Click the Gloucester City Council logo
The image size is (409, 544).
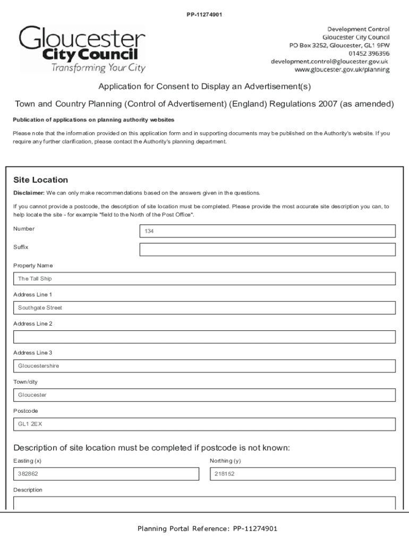coord(82,49)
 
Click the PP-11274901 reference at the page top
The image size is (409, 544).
coord(204,14)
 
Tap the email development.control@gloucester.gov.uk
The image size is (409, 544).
coord(330,62)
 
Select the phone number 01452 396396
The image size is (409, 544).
coord(369,54)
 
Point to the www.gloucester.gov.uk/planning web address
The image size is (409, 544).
coord(343,70)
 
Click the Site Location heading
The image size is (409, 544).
coord(40,180)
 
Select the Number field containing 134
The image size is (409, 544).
coord(267,231)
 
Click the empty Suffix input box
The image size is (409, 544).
coord(267,250)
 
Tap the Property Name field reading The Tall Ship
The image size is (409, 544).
coord(204,278)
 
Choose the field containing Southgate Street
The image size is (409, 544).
coord(204,308)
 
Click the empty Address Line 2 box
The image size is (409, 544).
coord(204,337)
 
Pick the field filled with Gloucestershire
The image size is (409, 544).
coord(204,366)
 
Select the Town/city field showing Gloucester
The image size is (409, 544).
coord(204,395)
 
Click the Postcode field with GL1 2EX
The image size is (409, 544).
coord(204,424)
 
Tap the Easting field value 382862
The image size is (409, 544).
coord(106,474)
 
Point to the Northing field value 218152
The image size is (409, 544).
coord(302,474)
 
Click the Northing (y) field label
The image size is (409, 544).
coord(225,461)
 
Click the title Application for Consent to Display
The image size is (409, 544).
coord(204,87)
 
